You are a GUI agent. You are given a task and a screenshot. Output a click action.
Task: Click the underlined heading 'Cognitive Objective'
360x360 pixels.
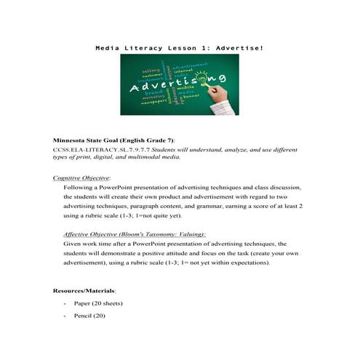[x=81, y=177]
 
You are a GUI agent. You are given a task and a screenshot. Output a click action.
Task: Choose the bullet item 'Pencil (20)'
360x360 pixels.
[x=89, y=316]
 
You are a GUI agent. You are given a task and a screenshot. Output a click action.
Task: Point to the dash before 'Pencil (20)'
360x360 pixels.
[x=65, y=316]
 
